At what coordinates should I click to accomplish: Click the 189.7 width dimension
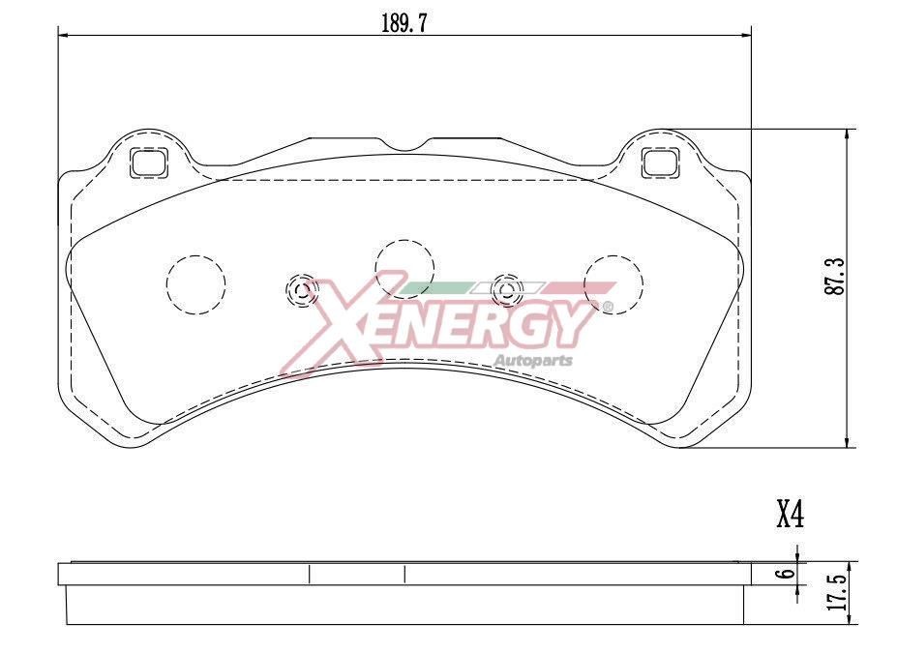coord(404,24)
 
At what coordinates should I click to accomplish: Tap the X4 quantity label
coord(790,515)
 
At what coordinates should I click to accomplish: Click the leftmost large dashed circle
coord(195,284)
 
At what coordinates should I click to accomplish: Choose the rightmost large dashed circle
coord(613,284)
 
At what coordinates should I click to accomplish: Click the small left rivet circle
coord(301,288)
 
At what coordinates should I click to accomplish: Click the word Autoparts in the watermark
coord(533,361)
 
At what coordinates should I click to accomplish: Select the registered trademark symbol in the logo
coord(608,308)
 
